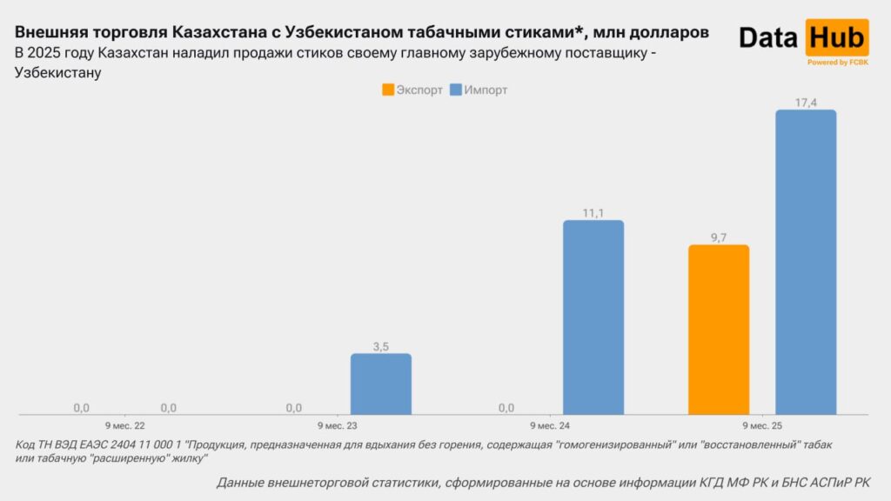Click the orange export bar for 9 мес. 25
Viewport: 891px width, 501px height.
point(719,330)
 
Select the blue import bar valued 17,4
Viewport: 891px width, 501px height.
point(806,262)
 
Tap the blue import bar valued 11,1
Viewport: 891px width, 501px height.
point(593,317)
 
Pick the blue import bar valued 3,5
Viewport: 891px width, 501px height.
point(381,384)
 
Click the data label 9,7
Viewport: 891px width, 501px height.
point(719,237)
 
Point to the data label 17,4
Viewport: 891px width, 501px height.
point(806,103)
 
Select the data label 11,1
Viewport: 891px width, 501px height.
point(593,212)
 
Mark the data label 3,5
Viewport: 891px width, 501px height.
point(381,346)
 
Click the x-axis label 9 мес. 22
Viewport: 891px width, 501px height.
point(125,425)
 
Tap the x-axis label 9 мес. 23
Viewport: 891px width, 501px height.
point(338,425)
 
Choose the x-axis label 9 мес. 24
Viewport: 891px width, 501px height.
point(550,425)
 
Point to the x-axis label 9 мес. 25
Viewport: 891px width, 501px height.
point(762,425)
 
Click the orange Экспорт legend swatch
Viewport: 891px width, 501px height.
point(388,90)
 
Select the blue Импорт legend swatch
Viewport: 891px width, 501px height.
point(456,90)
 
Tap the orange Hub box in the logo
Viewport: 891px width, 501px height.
point(836,37)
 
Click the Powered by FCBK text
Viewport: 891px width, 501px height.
point(837,63)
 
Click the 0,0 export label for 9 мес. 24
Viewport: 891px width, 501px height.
point(506,407)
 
